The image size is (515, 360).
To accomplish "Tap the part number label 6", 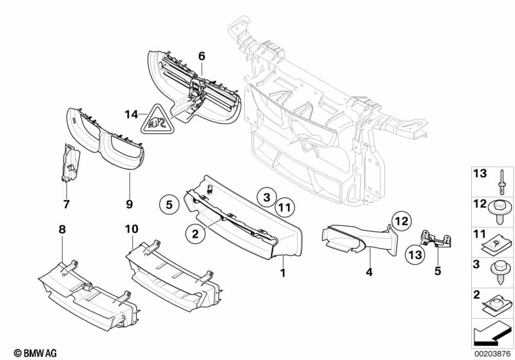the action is pos(201,57).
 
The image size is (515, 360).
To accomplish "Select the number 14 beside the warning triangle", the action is pos(131,115).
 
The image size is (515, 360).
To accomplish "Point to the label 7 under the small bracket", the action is pos(66,204).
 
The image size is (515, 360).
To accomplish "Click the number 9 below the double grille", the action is pos(130,204).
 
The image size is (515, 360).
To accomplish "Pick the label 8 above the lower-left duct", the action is pos(62,229).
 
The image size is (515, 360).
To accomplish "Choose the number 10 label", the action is pos(131,229).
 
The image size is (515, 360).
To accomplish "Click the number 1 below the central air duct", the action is pos(283,272).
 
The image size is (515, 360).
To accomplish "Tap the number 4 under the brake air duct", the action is pos(369,272).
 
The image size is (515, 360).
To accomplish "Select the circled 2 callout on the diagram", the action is pos(195,234).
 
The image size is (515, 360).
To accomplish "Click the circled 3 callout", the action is pos(267,197).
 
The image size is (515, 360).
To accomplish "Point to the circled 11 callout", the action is pos(284,207).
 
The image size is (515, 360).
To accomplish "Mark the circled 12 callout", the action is pos(401,221).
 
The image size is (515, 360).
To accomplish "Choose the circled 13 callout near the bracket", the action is pos(415,254).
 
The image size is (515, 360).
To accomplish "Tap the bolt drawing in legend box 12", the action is pos(499,212).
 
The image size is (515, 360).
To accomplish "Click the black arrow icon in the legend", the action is pos(492,335).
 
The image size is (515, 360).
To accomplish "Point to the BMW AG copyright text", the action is pos(35,353).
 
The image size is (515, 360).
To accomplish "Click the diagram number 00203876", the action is pos(492,354).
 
